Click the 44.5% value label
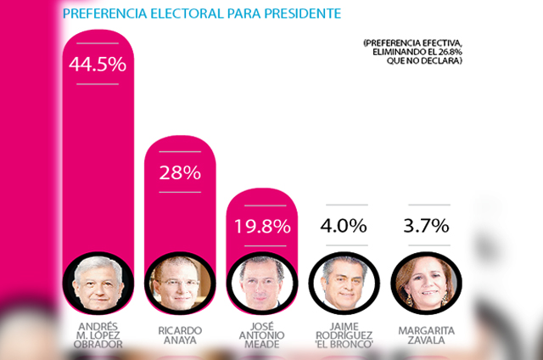tap(98, 64)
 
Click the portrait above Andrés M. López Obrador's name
tap(99, 284)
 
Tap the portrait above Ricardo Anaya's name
tap(181, 284)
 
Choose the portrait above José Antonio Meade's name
tap(263, 284)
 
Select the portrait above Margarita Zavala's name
tap(428, 284)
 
